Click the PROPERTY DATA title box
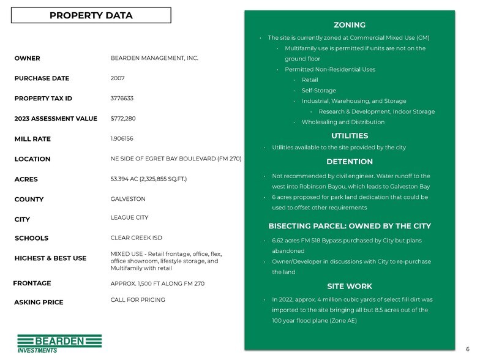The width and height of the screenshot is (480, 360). coord(90,15)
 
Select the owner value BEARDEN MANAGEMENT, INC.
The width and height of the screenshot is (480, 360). coord(154,58)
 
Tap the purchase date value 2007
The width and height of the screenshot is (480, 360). coord(118,78)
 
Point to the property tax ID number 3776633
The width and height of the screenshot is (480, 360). coord(122,98)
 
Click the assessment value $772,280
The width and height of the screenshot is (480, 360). coord(123,118)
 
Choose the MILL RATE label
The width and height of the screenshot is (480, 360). coord(32,139)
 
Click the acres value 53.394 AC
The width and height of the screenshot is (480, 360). coord(148,179)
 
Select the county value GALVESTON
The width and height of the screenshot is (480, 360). coord(128,199)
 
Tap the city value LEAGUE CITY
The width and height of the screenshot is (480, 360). coord(129,217)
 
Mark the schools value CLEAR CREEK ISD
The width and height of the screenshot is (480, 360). coord(136,238)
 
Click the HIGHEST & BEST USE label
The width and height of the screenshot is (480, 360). coord(50,258)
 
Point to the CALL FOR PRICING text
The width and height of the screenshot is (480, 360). coord(137,300)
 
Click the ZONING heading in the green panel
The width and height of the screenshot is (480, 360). coord(350,25)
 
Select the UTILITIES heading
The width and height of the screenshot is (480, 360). coord(350,136)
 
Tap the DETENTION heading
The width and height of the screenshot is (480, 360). coord(350,162)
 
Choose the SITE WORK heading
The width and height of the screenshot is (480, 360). coord(350,286)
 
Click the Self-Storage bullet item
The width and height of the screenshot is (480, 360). coord(318,91)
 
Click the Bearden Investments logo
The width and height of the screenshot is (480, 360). coord(59,343)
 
